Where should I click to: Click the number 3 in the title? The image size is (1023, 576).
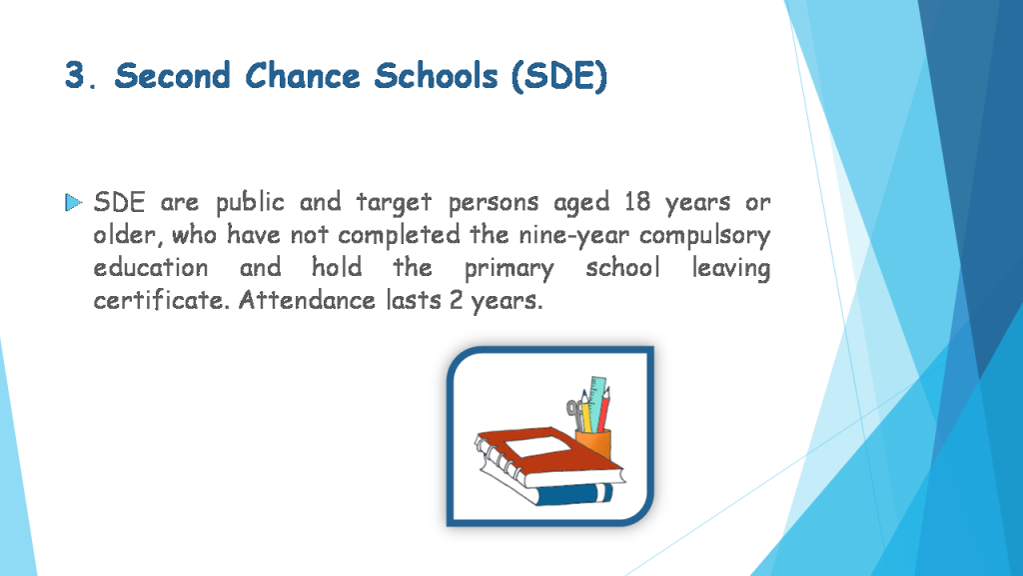coord(75,75)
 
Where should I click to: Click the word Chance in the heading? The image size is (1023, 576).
coord(303,75)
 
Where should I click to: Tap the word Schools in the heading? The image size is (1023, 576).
coord(436,75)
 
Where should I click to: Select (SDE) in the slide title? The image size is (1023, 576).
coord(559,76)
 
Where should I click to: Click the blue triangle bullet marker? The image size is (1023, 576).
coord(74,202)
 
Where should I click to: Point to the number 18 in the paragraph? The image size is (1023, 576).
coord(637,202)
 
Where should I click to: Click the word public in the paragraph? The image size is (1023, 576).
coord(250,203)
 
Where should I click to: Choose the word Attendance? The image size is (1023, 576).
coord(307,300)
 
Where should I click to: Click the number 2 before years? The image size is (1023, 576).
coord(456,300)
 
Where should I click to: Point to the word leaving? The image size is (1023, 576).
coord(730,268)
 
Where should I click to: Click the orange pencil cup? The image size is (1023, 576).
coord(593,444)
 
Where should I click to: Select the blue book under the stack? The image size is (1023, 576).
coord(574,494)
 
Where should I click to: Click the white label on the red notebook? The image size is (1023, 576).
coord(537,448)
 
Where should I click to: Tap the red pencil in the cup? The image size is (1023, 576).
coord(604,409)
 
